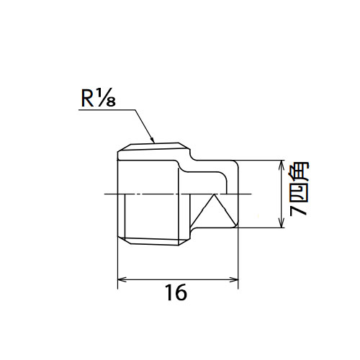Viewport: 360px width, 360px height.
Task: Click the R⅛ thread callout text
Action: click(x=99, y=99)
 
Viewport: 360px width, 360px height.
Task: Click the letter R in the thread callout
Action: click(x=87, y=99)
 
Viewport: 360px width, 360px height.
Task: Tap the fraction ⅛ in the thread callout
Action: click(x=106, y=99)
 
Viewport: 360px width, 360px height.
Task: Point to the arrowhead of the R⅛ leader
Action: click(x=152, y=140)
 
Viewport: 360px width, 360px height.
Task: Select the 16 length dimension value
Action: click(x=176, y=292)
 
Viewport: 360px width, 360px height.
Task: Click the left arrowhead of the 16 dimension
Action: click(x=122, y=279)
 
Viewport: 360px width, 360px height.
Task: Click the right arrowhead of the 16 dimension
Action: click(x=234, y=279)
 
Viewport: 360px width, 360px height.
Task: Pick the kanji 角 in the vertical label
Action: click(x=299, y=171)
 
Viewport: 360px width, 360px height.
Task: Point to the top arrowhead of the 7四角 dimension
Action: click(x=282, y=165)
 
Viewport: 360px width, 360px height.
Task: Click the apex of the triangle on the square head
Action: click(x=214, y=195)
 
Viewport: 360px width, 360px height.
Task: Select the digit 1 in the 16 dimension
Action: click(x=170, y=292)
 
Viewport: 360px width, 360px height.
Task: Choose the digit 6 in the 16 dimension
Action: click(x=181, y=292)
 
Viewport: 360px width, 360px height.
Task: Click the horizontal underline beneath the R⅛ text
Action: click(x=107, y=110)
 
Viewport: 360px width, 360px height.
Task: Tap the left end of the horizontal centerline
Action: click(x=104, y=194)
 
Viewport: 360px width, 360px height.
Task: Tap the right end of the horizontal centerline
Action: click(x=251, y=194)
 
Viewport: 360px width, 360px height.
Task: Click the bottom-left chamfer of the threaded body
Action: click(x=124, y=240)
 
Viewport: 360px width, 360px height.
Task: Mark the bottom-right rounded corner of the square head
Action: click(x=236, y=225)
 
